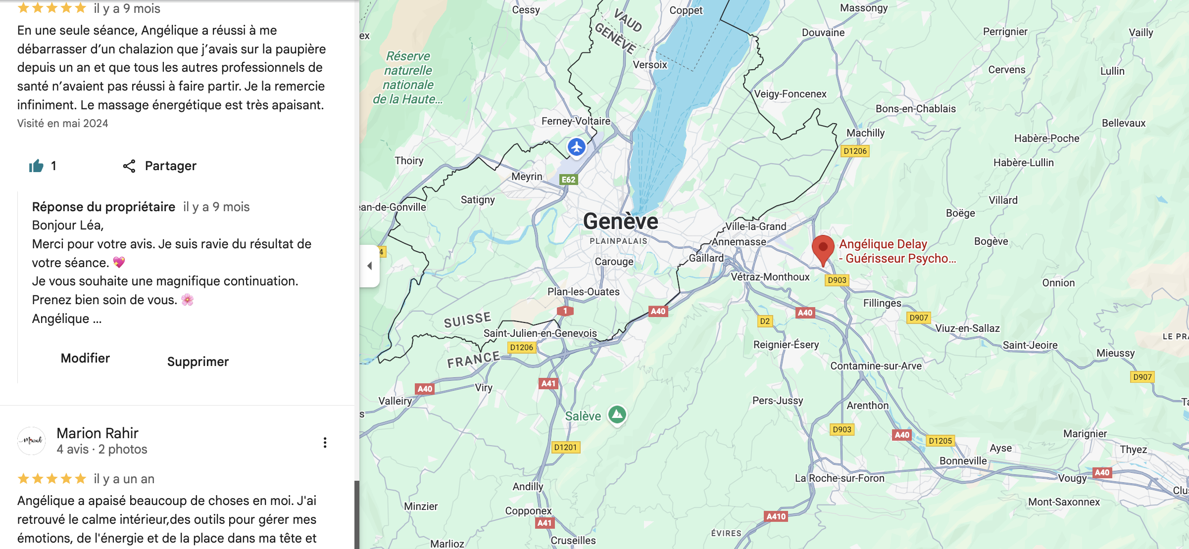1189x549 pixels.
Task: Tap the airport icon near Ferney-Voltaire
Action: pos(577,147)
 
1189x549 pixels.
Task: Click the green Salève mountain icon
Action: pos(617,414)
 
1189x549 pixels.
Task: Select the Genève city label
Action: pos(620,222)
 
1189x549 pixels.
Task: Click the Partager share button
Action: pos(160,166)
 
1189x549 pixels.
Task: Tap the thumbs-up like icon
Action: pos(36,166)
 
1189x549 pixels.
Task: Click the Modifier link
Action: pos(85,359)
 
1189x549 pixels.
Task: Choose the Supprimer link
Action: pos(198,362)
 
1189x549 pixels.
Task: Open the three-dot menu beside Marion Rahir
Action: pos(325,443)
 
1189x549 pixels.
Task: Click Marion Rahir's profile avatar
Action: pos(32,441)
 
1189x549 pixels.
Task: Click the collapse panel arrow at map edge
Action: pos(369,266)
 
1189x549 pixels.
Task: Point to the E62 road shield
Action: pos(568,180)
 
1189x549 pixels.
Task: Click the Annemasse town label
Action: pos(739,242)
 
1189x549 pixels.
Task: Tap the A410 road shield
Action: pos(776,516)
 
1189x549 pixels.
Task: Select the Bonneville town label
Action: pos(963,461)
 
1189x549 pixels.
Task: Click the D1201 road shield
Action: pos(565,448)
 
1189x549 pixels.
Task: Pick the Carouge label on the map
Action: pos(614,262)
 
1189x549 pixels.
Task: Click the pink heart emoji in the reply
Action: pos(119,263)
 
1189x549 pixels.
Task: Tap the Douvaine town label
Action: pos(823,33)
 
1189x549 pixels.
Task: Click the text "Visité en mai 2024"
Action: pos(63,124)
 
